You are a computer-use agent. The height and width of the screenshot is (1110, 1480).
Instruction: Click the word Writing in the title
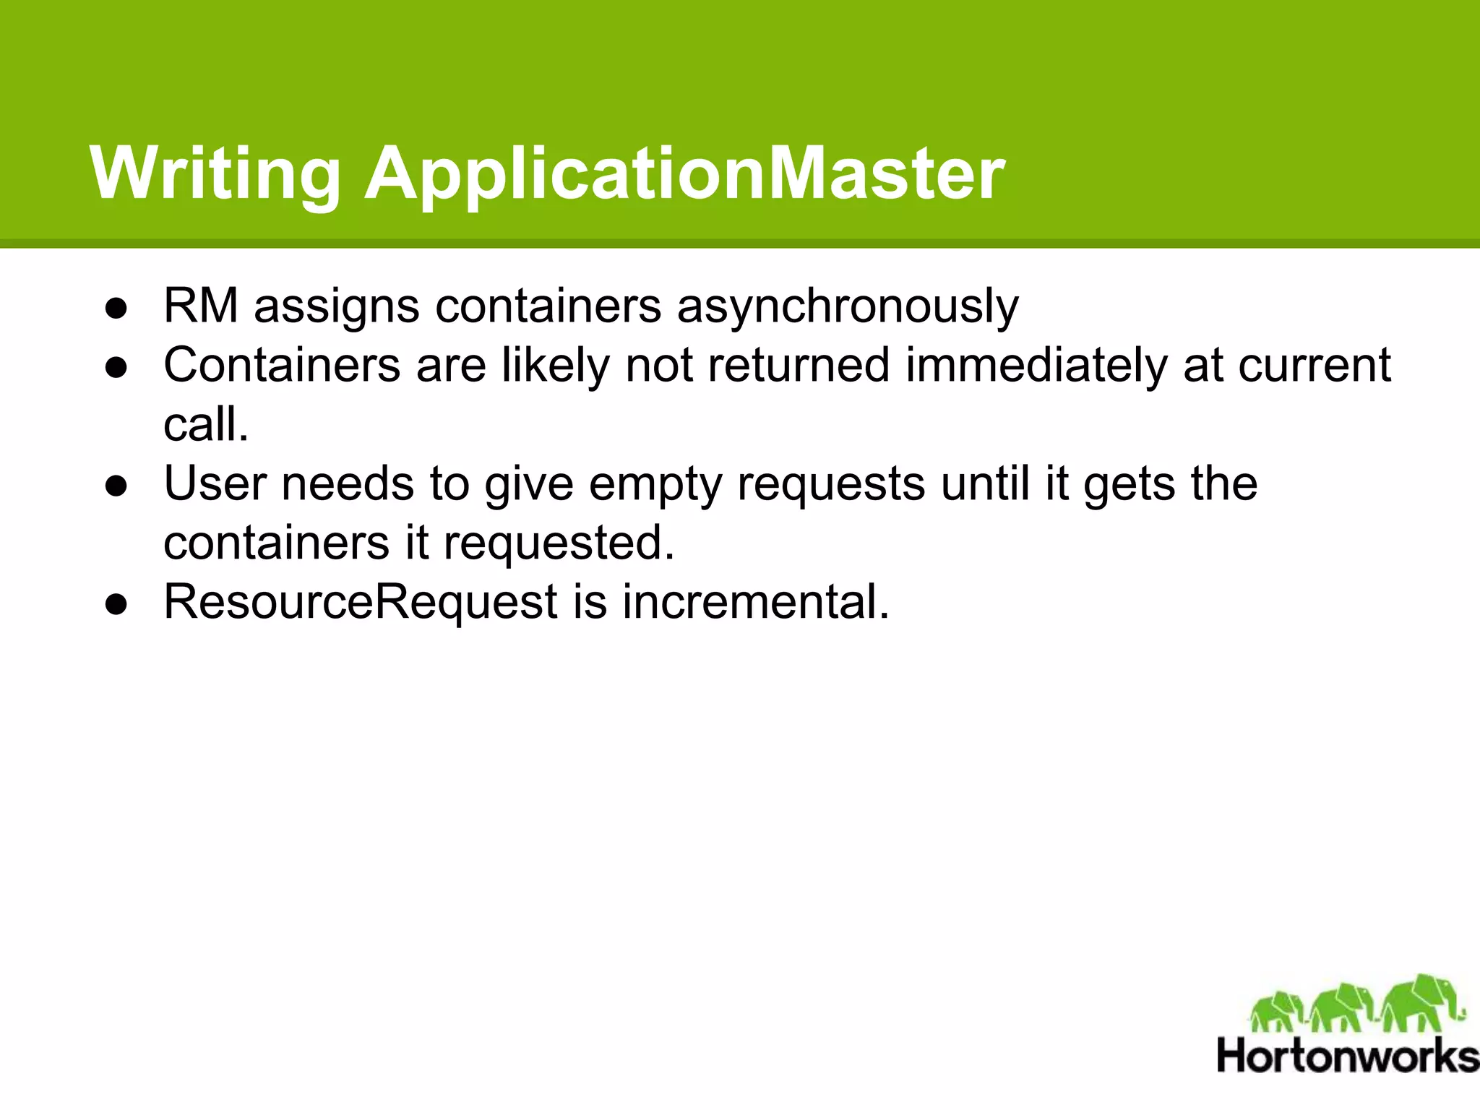pyautogui.click(x=215, y=173)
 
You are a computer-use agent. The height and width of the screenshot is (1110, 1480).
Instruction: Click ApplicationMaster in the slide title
pyautogui.click(x=684, y=173)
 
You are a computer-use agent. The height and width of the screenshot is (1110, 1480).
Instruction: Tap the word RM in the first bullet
pyautogui.click(x=201, y=306)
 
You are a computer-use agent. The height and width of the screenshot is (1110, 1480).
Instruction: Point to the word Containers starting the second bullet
pyautogui.click(x=282, y=365)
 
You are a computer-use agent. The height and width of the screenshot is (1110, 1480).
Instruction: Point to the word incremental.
pyautogui.click(x=755, y=602)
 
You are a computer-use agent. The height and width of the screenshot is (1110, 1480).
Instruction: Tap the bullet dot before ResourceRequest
pyautogui.click(x=116, y=605)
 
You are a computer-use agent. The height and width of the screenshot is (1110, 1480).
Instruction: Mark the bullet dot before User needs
pyautogui.click(x=116, y=486)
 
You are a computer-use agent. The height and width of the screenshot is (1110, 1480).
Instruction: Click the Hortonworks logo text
pyautogui.click(x=1348, y=1057)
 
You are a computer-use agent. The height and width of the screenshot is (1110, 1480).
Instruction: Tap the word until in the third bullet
pyautogui.click(x=985, y=483)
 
